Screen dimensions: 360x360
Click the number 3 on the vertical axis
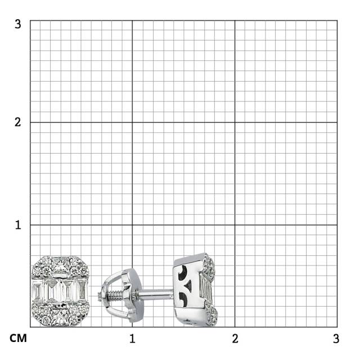pyautogui.click(x=18, y=24)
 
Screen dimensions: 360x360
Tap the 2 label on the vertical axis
pyautogui.click(x=18, y=122)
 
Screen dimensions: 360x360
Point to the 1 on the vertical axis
pyautogui.click(x=18, y=225)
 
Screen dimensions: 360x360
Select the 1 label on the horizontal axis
pyautogui.click(x=132, y=339)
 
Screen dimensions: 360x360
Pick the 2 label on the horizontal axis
pyautogui.click(x=235, y=339)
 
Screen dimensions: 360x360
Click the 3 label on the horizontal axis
pyautogui.click(x=336, y=339)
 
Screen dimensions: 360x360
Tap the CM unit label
pyautogui.click(x=18, y=339)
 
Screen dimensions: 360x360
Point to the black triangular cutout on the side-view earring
pyautogui.click(x=189, y=286)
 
